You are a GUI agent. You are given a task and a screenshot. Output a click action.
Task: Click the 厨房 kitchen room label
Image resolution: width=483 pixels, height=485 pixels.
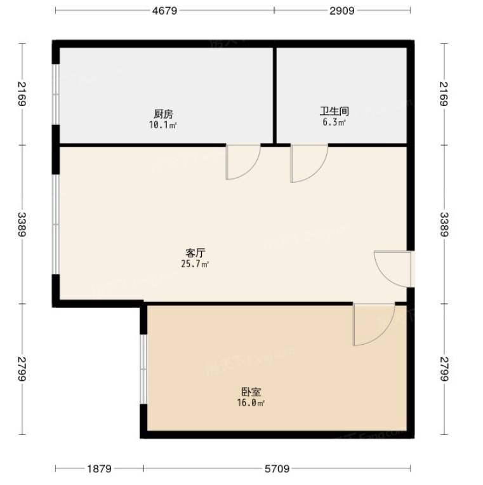click(x=163, y=114)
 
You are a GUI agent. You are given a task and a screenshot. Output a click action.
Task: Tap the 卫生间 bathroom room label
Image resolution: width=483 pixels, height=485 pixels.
click(x=334, y=111)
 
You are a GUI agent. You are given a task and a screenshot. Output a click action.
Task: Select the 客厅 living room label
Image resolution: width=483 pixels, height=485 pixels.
click(x=195, y=253)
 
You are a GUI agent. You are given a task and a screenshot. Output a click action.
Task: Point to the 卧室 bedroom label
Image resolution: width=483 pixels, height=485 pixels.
click(x=251, y=392)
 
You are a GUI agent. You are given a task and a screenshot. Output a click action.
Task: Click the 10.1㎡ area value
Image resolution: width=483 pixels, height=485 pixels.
click(x=163, y=125)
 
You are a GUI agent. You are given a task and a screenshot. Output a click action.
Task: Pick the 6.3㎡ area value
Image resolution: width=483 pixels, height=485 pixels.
click(x=334, y=122)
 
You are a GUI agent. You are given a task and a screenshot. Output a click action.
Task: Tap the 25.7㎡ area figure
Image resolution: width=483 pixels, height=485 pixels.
click(x=195, y=264)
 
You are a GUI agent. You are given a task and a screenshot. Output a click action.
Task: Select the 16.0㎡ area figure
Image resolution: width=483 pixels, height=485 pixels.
click(x=251, y=402)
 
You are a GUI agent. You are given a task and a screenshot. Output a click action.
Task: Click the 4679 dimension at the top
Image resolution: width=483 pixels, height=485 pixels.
click(x=165, y=11)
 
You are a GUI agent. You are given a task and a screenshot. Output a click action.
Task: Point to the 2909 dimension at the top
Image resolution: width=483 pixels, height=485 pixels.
click(x=341, y=11)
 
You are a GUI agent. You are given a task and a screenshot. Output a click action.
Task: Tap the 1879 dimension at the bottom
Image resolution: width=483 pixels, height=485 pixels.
click(x=99, y=469)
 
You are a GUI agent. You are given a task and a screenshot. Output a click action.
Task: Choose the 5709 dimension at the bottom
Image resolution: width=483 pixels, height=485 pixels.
click(x=277, y=469)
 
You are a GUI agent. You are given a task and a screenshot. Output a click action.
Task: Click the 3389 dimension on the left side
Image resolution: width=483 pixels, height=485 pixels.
click(x=22, y=224)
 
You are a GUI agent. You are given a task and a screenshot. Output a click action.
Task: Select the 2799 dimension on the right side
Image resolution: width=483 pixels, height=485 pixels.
click(x=444, y=369)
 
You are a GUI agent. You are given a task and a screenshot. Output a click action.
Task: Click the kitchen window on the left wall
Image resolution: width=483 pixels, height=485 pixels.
click(x=56, y=95)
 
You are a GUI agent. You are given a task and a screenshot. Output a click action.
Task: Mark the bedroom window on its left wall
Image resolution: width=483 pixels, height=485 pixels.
click(x=143, y=369)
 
